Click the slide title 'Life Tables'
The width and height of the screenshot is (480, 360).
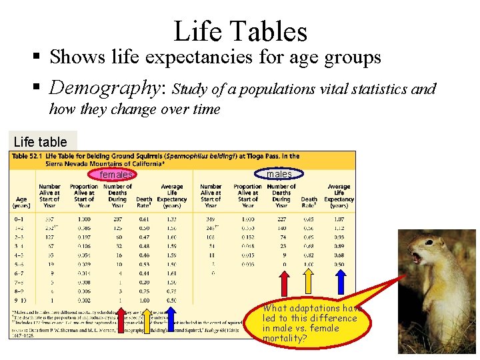click(240, 31)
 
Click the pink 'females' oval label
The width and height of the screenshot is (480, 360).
click(115, 175)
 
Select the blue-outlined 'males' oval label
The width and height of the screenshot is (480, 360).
click(279, 174)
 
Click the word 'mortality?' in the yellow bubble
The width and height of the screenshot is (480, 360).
click(285, 338)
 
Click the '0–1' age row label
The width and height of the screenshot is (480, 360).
click(21, 218)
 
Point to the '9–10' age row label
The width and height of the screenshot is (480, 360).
click(21, 300)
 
